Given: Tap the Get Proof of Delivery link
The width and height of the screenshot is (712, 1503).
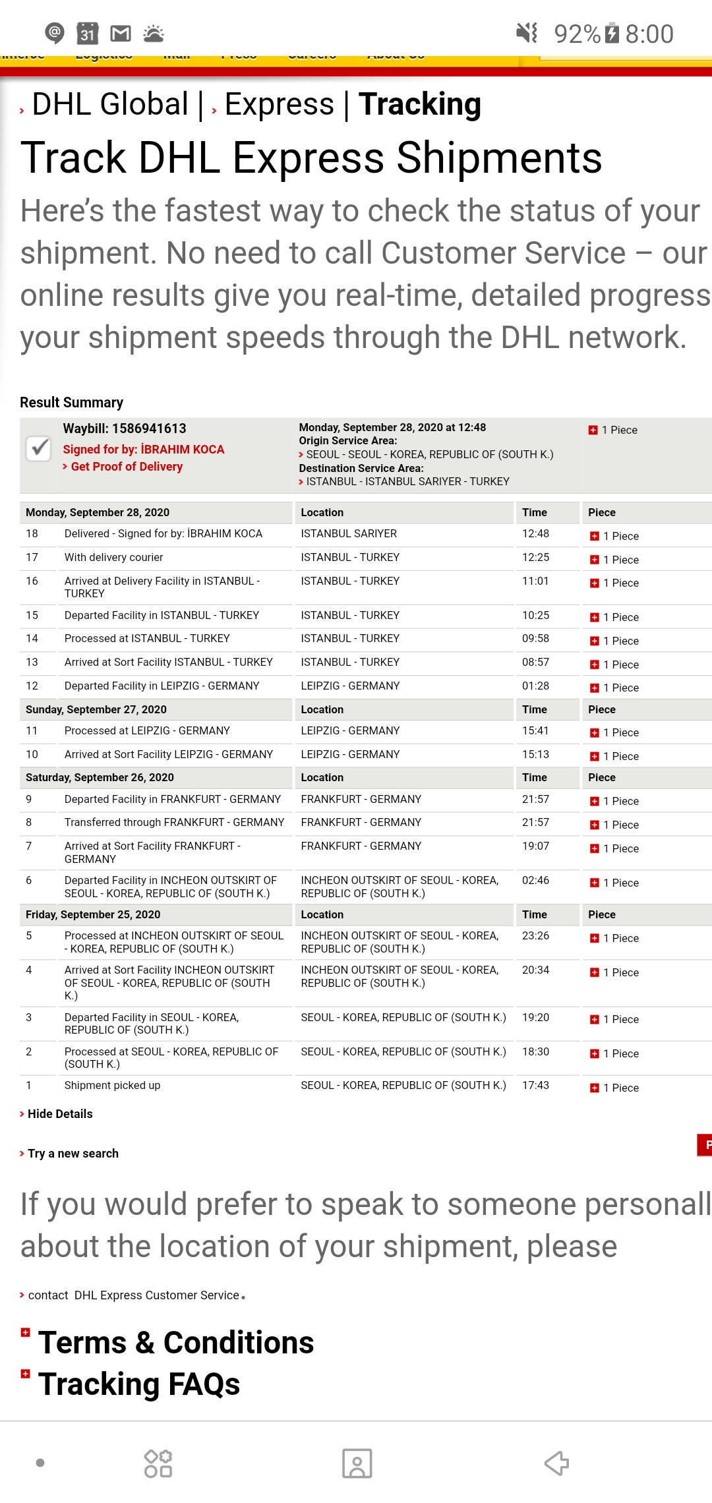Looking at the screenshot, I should [126, 467].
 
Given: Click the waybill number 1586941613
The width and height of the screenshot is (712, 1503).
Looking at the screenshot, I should [149, 428].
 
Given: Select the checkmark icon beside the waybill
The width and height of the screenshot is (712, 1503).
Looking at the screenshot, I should [39, 448].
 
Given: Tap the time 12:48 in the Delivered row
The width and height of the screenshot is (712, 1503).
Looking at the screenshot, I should [535, 533].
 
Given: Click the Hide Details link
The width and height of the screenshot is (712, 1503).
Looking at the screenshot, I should [59, 1114].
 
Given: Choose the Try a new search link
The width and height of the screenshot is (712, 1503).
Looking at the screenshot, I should [73, 1154].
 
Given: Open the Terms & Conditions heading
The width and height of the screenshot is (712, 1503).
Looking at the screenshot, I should [175, 1342].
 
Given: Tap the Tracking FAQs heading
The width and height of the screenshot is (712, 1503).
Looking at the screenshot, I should [138, 1384].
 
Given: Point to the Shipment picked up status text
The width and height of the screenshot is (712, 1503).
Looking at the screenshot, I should [112, 1085].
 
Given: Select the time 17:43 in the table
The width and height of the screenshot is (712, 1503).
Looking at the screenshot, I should [535, 1085].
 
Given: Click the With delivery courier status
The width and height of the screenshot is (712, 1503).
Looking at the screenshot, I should [113, 557].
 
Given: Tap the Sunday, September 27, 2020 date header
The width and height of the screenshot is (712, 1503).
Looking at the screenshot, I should [96, 709].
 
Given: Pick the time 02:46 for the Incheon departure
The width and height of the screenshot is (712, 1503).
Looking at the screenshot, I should [535, 880].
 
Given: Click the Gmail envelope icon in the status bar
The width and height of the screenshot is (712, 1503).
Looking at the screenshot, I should [120, 33].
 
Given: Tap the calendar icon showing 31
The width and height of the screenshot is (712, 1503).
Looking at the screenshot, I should [87, 33].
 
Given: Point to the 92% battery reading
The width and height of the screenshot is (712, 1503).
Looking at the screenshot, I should [577, 34].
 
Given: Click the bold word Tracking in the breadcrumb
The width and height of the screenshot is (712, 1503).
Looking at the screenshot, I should [420, 104].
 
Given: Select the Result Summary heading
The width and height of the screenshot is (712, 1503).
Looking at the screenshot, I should [71, 403].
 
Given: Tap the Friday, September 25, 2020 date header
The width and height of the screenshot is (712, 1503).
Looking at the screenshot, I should [93, 914].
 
